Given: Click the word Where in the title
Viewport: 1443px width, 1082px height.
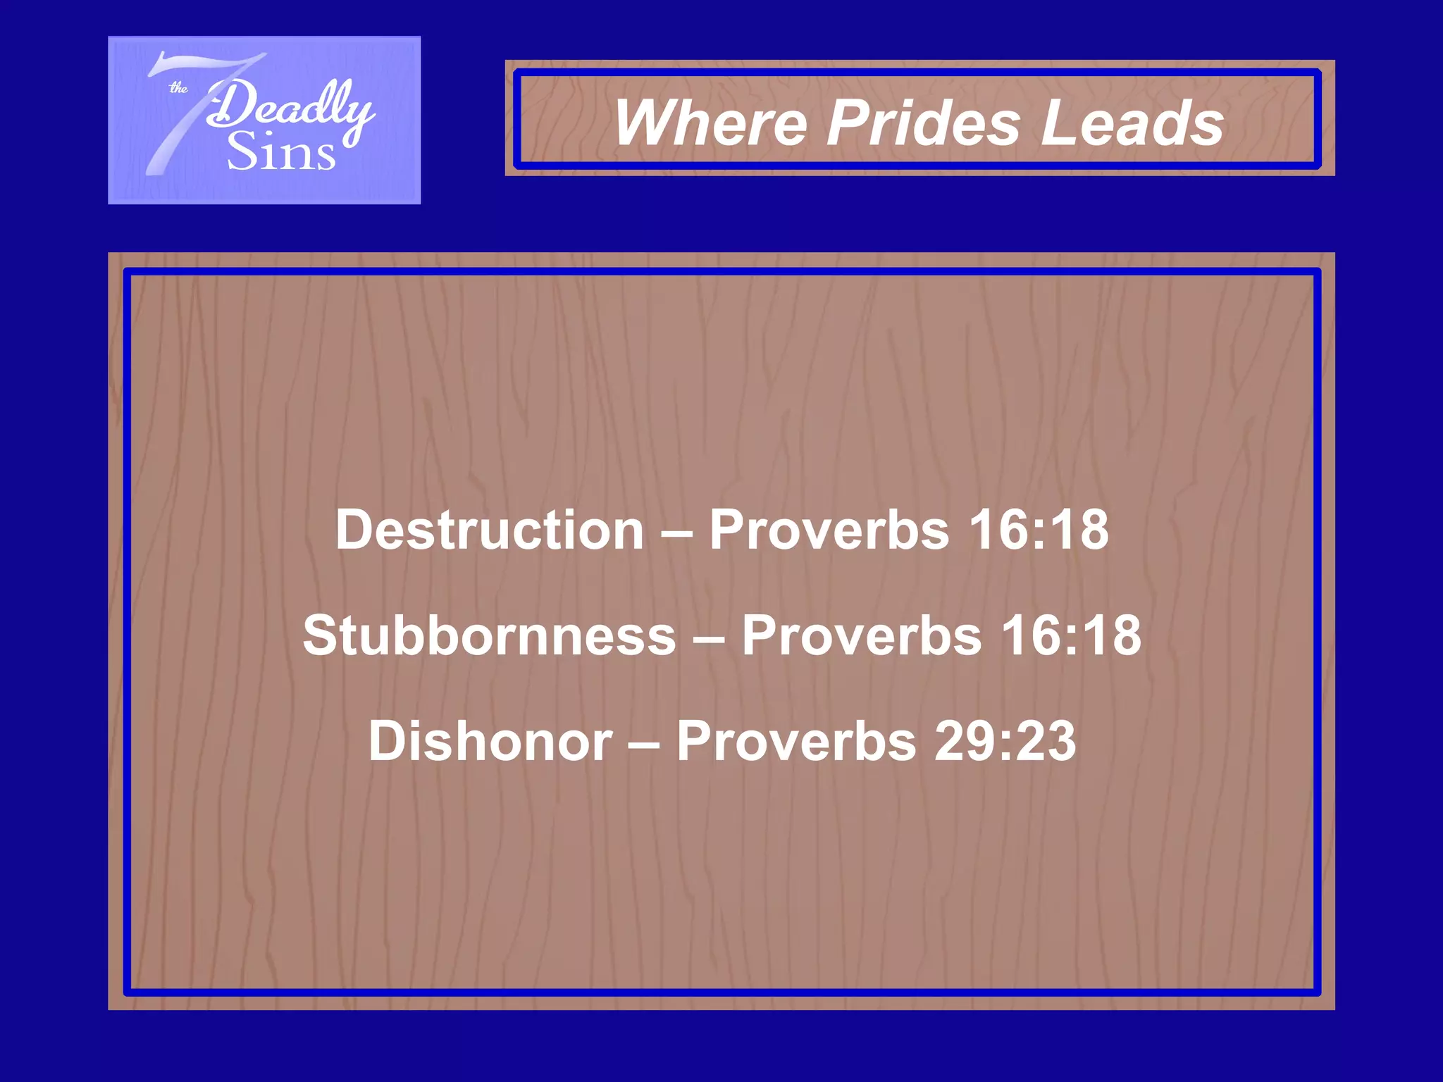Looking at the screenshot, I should [710, 123].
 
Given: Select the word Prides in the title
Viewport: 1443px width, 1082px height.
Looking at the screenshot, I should [923, 123].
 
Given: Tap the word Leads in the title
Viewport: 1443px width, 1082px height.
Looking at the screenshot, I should [1133, 123].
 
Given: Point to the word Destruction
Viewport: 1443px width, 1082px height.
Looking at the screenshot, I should [490, 530].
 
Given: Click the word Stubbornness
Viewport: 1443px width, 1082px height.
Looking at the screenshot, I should [490, 635].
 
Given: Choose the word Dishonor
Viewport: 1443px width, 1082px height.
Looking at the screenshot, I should [490, 741].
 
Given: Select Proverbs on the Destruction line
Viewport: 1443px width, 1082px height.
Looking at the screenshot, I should [829, 530].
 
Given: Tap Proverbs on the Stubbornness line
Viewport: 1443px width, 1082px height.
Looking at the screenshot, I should [861, 635].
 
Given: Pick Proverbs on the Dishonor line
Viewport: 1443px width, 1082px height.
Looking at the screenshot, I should [797, 741].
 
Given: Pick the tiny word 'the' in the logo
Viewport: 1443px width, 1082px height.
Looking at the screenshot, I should [178, 88].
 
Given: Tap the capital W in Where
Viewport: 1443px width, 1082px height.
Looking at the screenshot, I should [643, 123].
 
